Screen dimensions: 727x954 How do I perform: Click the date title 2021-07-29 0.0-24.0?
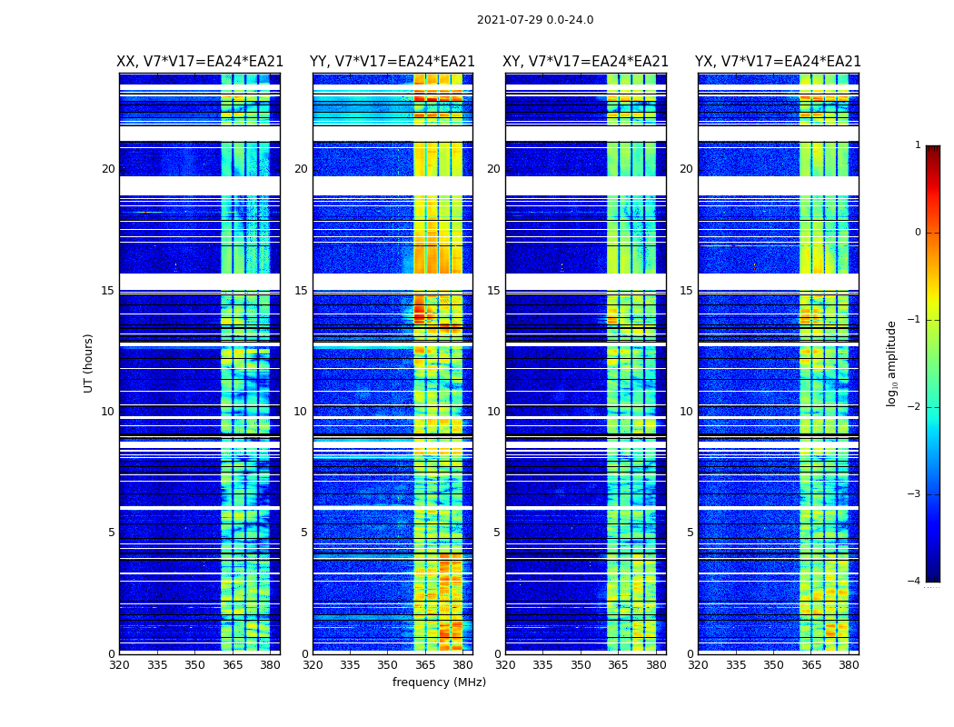pyautogui.click(x=535, y=20)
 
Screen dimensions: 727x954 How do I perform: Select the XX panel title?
pyautogui.click(x=200, y=62)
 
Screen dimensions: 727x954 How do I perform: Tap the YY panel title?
pyautogui.click(x=393, y=62)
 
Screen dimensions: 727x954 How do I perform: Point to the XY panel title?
pyautogui.click(x=586, y=62)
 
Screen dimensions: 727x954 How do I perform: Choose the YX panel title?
pyautogui.click(x=778, y=62)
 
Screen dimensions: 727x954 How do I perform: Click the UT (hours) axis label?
pyautogui.click(x=89, y=363)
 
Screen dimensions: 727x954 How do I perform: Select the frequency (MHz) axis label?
pyautogui.click(x=439, y=682)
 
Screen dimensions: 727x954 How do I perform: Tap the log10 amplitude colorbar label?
pyautogui.click(x=892, y=363)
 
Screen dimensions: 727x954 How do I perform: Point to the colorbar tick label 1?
pyautogui.click(x=918, y=145)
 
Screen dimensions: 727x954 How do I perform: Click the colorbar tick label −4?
pyautogui.click(x=915, y=582)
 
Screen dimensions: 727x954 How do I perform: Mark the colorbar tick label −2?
pyautogui.click(x=915, y=407)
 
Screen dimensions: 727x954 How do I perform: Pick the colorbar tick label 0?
pyautogui.click(x=918, y=233)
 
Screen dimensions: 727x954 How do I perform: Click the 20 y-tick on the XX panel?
pyautogui.click(x=108, y=169)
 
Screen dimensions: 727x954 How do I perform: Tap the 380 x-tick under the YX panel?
pyautogui.click(x=849, y=665)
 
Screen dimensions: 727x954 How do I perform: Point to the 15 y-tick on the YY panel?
pyautogui.click(x=301, y=291)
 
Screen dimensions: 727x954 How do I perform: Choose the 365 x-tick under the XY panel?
pyautogui.click(x=618, y=665)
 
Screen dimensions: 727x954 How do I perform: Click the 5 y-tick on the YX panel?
pyautogui.click(x=690, y=533)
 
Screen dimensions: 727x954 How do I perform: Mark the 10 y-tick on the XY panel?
pyautogui.click(x=493, y=412)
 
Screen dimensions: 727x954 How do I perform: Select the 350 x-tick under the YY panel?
pyautogui.click(x=388, y=665)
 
